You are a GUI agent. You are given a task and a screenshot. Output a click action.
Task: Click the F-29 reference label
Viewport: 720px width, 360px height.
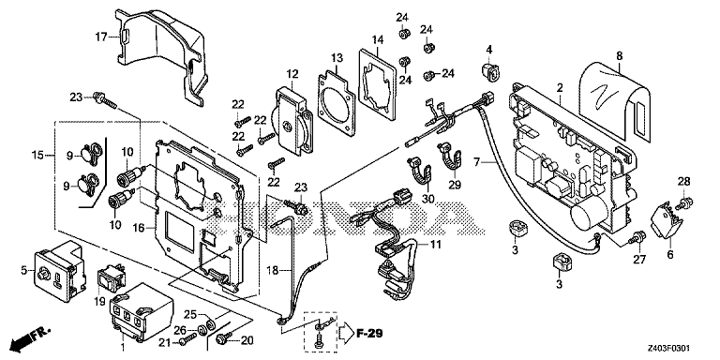tap(369, 333)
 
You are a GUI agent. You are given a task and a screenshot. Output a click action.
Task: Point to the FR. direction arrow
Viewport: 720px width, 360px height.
tap(30, 337)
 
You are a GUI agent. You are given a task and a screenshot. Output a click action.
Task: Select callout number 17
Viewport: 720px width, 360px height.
tap(100, 36)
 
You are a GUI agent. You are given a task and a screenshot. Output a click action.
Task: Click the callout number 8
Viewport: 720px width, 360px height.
tap(620, 56)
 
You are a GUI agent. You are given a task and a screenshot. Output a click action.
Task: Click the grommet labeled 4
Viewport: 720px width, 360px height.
tap(489, 72)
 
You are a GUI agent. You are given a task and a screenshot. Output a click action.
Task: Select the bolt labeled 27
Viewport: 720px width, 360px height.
tap(637, 239)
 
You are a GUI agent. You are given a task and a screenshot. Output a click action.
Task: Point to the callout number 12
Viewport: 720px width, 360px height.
tap(292, 74)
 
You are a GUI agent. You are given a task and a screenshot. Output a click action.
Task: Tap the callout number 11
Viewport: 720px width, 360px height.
tap(435, 245)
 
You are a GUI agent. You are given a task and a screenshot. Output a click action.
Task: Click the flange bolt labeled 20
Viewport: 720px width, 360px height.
tap(224, 338)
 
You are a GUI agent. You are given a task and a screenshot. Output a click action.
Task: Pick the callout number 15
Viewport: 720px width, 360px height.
tap(38, 156)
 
